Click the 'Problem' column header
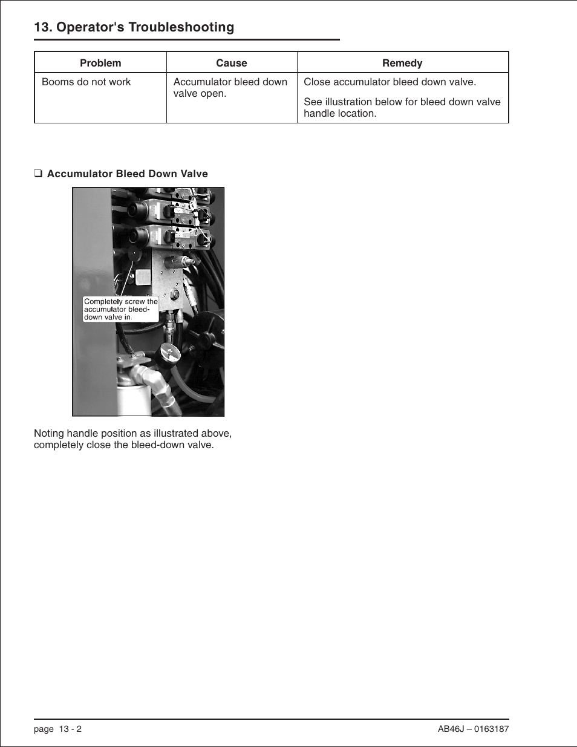pyautogui.click(x=100, y=63)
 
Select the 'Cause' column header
pyautogui.click(x=232, y=63)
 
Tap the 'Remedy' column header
pyautogui.click(x=402, y=63)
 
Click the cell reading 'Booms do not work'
pyautogui.click(x=86, y=82)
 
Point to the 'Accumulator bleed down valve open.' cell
pyautogui.click(x=230, y=88)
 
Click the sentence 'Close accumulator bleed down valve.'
pyautogui.click(x=390, y=82)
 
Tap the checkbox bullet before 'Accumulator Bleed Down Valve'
pyautogui.click(x=37, y=174)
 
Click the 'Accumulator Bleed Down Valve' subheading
pyautogui.click(x=128, y=174)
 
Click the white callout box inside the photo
pyautogui.click(x=120, y=309)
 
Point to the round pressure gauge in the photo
pyautogui.click(x=170, y=353)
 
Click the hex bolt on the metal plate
pyautogui.click(x=175, y=296)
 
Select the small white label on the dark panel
pyautogui.click(x=143, y=277)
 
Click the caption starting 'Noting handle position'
pyautogui.click(x=132, y=439)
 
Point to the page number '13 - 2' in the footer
pyautogui.click(x=70, y=729)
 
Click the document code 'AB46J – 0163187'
pyautogui.click(x=473, y=729)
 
